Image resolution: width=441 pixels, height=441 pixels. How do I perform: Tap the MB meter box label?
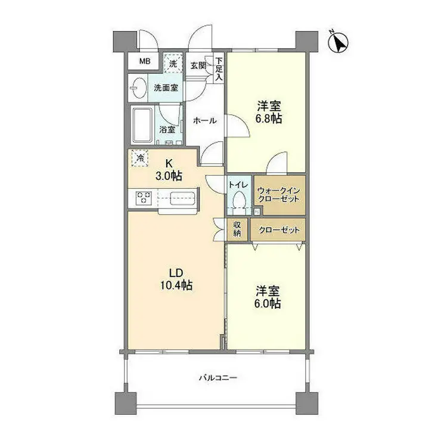tap(145, 61)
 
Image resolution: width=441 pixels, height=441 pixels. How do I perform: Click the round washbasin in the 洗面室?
tap(137, 88)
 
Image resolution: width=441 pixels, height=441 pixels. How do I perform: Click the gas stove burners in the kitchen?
tap(143, 197)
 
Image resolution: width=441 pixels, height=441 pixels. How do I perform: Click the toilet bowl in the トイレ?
tap(240, 200)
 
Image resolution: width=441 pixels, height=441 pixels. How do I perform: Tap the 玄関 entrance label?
tap(198, 65)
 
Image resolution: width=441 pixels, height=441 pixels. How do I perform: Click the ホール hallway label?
tap(204, 120)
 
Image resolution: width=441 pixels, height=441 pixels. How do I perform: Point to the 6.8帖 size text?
tap(269, 119)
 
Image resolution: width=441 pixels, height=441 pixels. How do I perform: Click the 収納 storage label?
tap(237, 229)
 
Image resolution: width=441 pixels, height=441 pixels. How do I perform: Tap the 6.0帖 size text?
tap(269, 304)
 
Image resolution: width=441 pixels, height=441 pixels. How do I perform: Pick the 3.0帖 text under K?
tap(170, 176)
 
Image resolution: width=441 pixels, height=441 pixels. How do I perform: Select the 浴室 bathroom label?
tap(167, 129)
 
